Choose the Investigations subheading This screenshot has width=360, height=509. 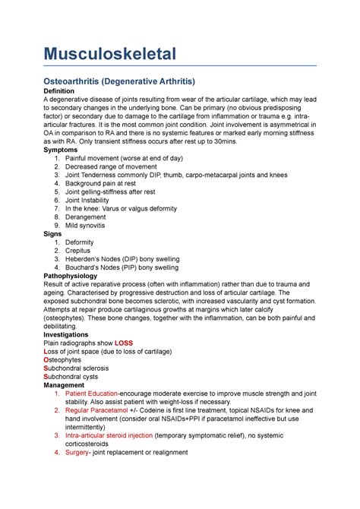(72, 334)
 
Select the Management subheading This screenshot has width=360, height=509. (70, 384)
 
